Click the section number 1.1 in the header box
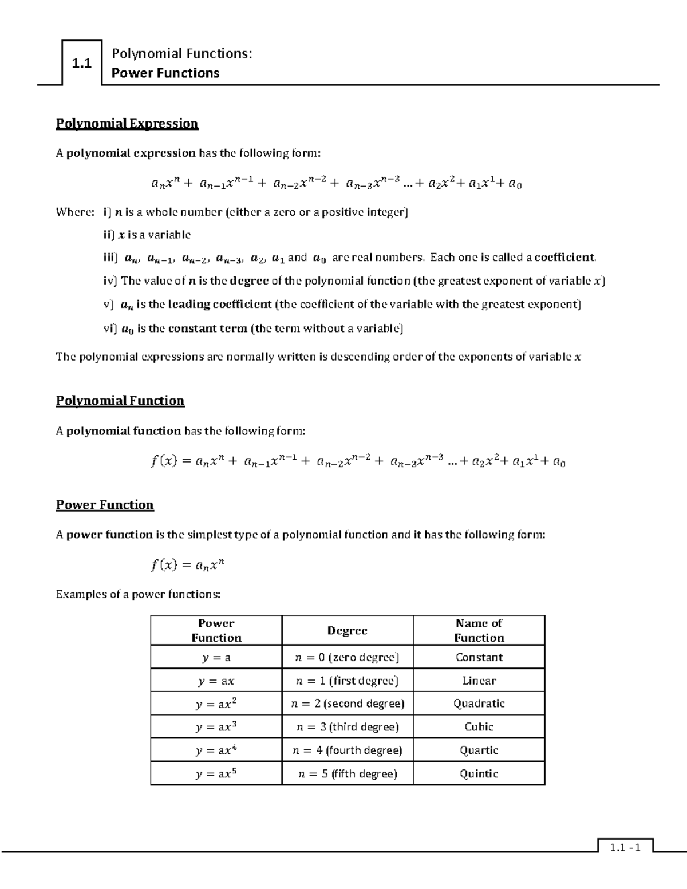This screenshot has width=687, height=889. click(82, 64)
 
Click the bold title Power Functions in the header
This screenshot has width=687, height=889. click(165, 73)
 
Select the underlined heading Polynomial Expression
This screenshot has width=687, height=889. click(127, 124)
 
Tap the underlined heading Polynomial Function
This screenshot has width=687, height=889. click(120, 401)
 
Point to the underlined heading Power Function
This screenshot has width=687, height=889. click(105, 505)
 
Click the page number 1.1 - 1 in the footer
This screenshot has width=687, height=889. click(625, 848)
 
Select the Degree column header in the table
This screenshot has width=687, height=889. click(347, 630)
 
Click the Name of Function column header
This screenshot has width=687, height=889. click(479, 630)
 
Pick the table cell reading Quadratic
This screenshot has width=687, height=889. click(479, 704)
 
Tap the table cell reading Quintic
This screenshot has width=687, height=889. click(479, 773)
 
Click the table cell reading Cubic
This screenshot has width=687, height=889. click(479, 727)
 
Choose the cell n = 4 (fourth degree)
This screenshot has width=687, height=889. click(347, 750)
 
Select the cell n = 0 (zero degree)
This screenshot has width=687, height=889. click(347, 657)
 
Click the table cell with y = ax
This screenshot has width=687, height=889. click(216, 681)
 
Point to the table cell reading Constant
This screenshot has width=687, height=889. click(479, 657)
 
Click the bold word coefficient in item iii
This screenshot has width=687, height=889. click(564, 258)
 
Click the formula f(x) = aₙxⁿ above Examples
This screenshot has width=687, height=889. click(188, 566)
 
